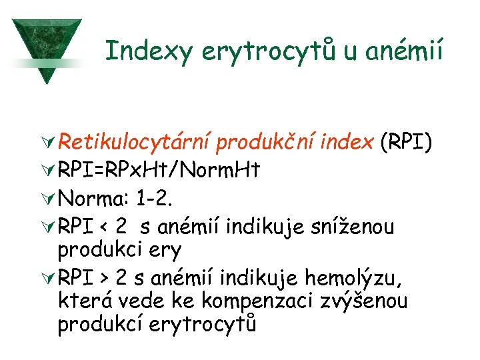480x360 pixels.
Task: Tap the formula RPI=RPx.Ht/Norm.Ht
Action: pos(159,171)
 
